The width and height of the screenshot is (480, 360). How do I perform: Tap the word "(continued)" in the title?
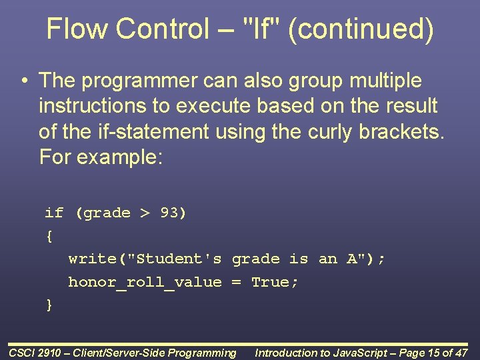361,29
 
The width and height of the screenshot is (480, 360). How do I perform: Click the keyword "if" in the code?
54,213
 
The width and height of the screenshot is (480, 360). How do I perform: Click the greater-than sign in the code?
145,213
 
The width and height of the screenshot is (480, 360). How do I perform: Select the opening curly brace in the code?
49,236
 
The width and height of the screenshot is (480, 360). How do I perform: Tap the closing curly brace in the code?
49,305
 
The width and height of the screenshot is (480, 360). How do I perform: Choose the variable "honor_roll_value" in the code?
145,283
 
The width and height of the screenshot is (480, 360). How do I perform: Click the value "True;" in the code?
275,282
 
